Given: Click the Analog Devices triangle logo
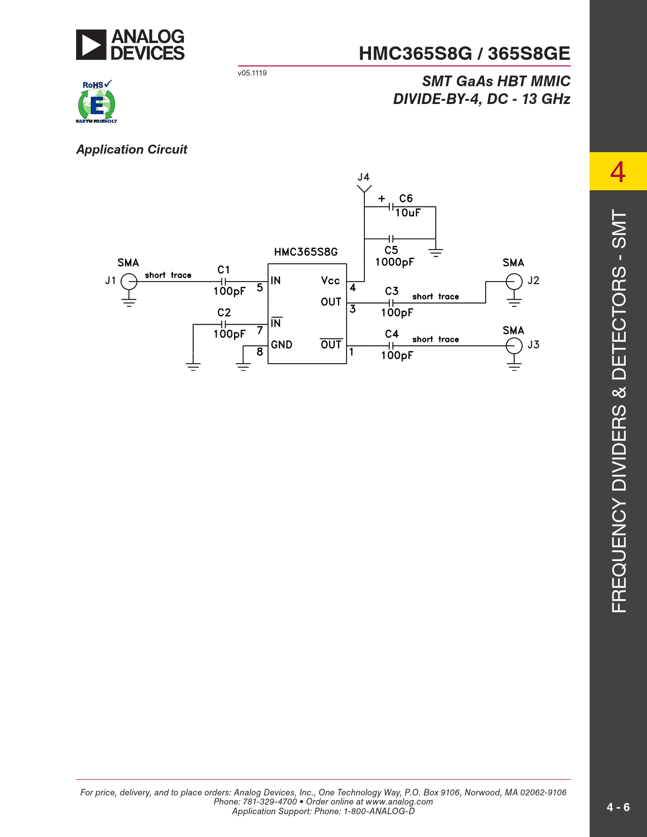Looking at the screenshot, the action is (91, 45).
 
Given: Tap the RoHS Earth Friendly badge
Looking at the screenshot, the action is (96, 101).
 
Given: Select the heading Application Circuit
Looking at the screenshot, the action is (131, 150).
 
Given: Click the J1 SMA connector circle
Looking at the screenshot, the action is (129, 282).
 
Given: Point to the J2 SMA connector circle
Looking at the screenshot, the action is (514, 282).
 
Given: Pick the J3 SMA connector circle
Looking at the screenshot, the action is (514, 345).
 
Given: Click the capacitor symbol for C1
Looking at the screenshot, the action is (223, 282).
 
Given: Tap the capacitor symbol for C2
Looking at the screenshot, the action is (223, 324).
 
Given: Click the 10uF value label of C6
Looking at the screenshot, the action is (407, 213).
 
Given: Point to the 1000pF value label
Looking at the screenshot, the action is (395, 262).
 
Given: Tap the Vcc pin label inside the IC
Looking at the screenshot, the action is (330, 281).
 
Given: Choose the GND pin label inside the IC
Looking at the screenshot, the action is (281, 345).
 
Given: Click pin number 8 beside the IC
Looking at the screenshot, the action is (260, 352).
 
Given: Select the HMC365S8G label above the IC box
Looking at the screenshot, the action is (305, 252).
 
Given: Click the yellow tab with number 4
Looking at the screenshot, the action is (618, 171).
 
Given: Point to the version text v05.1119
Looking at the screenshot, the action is (252, 73).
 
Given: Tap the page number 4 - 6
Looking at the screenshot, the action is (618, 807).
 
